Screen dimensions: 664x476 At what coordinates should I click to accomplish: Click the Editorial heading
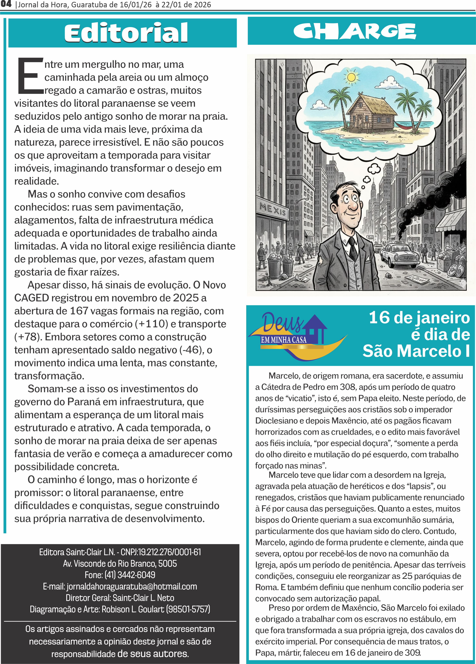click(126, 33)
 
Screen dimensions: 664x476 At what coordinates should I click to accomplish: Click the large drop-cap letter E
click(30, 76)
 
